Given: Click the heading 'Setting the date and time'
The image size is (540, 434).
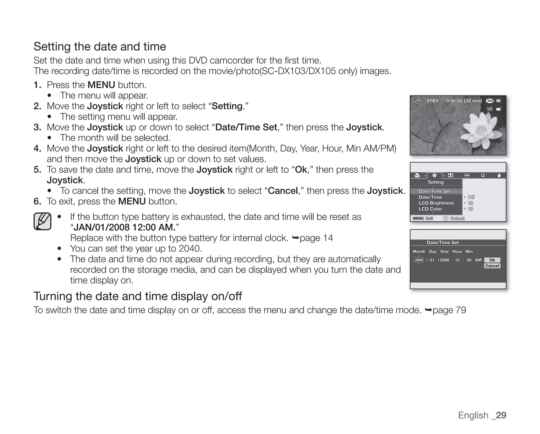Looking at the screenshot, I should [100, 47].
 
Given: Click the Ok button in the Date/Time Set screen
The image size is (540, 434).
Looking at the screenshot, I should [492, 260].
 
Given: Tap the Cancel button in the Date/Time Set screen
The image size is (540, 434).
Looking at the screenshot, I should [492, 266].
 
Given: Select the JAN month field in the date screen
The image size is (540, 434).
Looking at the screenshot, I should [418, 260].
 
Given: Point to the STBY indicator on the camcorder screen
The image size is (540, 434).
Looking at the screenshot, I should [432, 101].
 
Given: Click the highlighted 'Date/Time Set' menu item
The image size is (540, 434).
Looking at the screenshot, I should [435, 191].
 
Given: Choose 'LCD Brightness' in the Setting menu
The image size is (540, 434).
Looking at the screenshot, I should [436, 203].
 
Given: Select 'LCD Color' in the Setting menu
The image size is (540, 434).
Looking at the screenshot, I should [430, 209].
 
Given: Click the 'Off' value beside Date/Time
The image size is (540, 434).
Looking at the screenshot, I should [471, 197].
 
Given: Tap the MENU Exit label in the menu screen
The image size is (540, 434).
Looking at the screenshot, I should [423, 218].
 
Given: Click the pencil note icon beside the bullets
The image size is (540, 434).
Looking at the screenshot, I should [42, 221].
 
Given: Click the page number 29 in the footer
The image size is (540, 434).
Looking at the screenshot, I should [501, 415].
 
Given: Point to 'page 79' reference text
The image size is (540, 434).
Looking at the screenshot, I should [449, 310].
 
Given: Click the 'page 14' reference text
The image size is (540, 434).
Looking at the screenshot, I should [316, 238].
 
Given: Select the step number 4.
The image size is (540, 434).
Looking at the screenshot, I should [37, 149].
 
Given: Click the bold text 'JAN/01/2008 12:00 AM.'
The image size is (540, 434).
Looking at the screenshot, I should [124, 227].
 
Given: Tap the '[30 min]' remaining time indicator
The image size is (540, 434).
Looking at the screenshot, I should [472, 101].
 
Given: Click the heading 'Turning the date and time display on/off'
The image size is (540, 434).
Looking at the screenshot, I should [137, 296].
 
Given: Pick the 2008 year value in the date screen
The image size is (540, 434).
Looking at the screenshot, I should [444, 260].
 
